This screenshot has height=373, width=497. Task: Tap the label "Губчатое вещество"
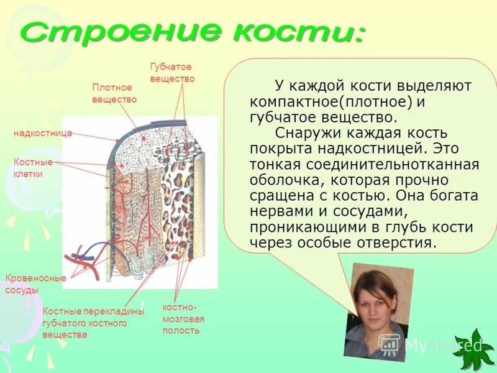[172, 73]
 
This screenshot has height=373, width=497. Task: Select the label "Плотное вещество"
[114, 93]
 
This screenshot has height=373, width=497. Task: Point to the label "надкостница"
[43, 133]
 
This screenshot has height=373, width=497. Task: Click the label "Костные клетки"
[29, 168]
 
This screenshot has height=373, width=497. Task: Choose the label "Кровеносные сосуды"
[35, 284]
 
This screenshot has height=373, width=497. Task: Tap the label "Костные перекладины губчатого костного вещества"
[93, 323]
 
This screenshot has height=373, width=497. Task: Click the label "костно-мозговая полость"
[183, 319]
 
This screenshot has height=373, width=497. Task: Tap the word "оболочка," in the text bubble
[286, 180]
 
